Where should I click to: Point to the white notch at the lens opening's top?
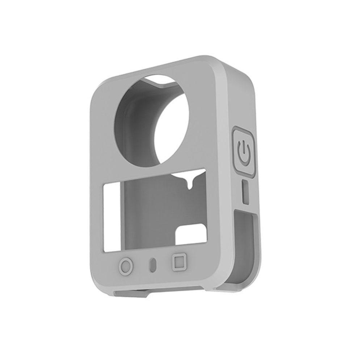(159, 80)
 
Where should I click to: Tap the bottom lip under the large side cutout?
(246, 284)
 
